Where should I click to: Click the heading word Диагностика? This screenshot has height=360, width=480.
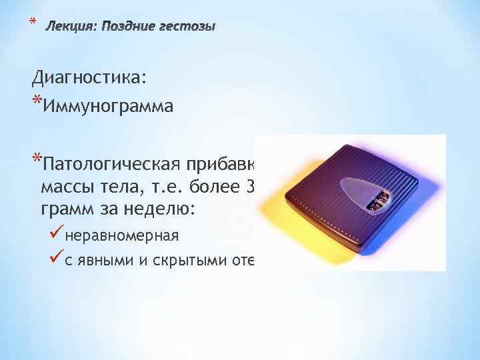87,78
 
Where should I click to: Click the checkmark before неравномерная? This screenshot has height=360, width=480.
57,235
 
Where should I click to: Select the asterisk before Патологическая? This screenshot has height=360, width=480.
36,161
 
